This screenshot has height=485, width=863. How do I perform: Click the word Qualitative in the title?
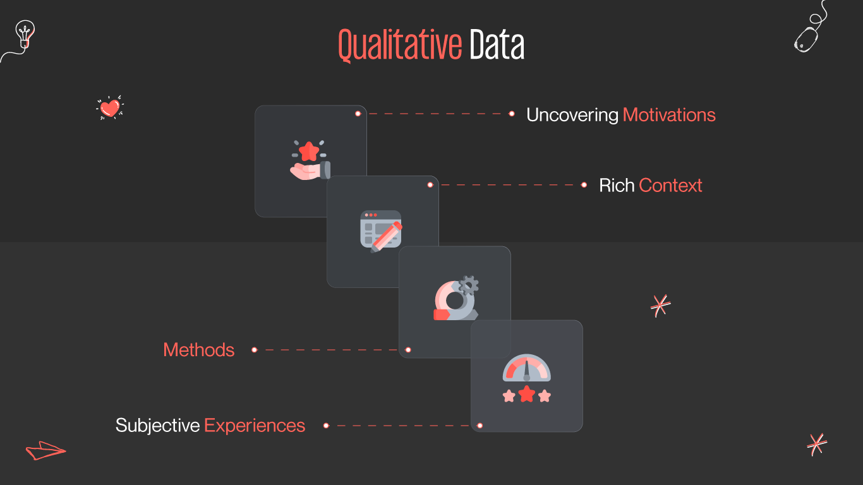400,45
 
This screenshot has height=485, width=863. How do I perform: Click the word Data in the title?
497,45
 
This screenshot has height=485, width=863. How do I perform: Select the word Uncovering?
572,115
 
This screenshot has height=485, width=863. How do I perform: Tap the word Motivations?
669,115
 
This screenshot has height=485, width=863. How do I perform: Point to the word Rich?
617,186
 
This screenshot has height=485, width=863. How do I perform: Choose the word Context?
670,186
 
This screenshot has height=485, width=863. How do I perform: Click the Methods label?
198,350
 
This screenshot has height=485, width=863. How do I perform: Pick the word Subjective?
157,426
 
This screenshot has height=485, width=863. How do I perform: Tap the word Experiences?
255,426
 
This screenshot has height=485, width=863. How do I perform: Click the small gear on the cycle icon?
468,285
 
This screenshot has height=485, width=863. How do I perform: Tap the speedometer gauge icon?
526,368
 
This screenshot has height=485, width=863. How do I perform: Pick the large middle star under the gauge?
526,395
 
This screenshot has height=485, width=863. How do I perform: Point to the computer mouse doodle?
806,39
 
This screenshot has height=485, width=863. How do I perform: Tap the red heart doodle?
110,108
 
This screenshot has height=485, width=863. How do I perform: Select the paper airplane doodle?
44,450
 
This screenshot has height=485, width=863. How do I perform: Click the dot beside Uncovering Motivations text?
512,114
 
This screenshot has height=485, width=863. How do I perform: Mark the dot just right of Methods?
254,350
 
